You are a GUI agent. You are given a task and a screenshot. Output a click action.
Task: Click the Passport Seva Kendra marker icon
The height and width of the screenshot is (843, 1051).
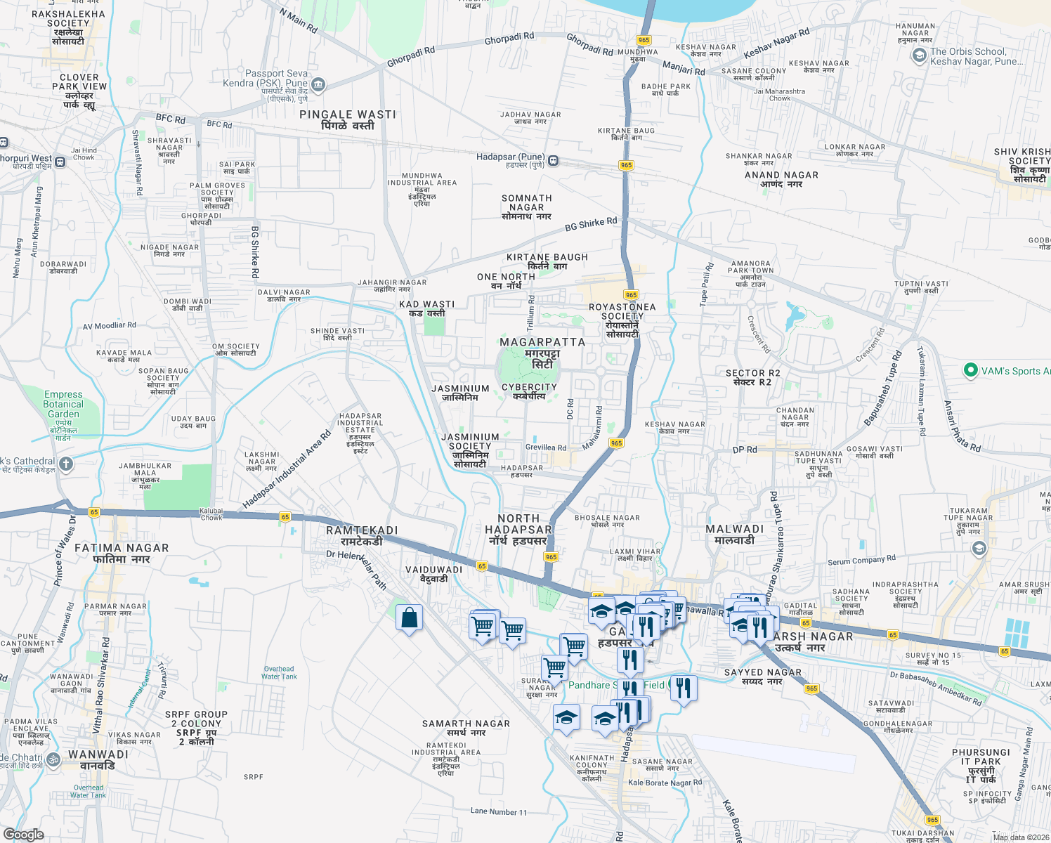tap(318, 85)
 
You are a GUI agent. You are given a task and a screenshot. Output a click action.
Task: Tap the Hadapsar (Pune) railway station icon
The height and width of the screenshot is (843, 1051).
tap(554, 161)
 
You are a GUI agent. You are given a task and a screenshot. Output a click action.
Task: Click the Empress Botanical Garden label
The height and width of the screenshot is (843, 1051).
tap(63, 405)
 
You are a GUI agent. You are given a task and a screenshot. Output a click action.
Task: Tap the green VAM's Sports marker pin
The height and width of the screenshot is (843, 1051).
tap(971, 370)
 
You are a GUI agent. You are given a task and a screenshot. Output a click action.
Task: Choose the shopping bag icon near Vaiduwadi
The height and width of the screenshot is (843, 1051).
tap(410, 618)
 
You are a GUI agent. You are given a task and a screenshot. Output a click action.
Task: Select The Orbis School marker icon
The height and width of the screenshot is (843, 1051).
tap(919, 57)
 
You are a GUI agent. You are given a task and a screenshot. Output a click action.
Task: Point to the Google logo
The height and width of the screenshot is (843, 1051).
tap(24, 834)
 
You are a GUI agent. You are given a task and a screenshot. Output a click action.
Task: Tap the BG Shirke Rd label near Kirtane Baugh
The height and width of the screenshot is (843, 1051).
tap(591, 224)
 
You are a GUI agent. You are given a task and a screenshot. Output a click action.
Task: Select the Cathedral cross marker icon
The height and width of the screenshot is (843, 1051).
tap(66, 464)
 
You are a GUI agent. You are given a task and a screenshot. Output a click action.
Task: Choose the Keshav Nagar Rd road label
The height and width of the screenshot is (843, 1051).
tap(776, 43)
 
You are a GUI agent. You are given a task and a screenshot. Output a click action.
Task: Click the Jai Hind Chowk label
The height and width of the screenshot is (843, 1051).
tap(84, 154)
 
